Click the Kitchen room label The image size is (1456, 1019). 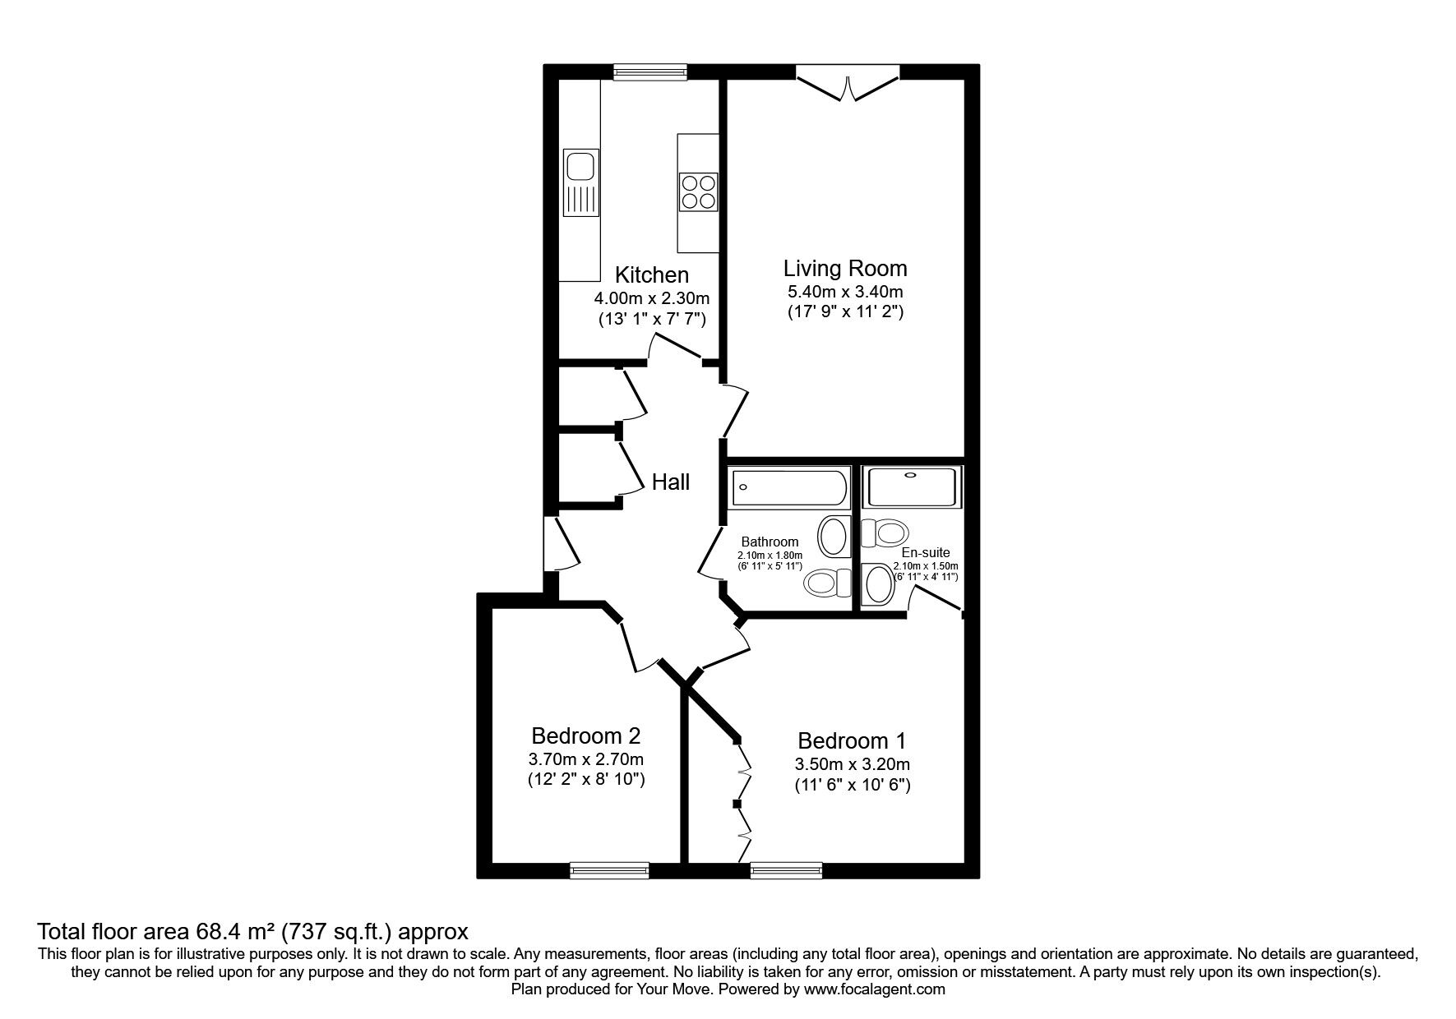click(x=652, y=274)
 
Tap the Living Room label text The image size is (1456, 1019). click(x=845, y=269)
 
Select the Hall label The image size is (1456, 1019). click(x=671, y=482)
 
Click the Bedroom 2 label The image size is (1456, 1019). click(x=586, y=735)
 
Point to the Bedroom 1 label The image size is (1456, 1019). click(x=852, y=740)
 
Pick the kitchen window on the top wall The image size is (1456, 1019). click(x=650, y=72)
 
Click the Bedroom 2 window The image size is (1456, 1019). click(x=609, y=870)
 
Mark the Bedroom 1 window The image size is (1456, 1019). click(x=786, y=870)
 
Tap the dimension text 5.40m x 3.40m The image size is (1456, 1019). click(x=845, y=292)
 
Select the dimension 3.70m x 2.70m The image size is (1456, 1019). click(x=586, y=758)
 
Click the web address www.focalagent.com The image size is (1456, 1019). click(x=875, y=990)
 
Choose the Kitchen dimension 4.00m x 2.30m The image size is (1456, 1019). click(x=652, y=298)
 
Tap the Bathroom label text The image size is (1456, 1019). click(x=770, y=542)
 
